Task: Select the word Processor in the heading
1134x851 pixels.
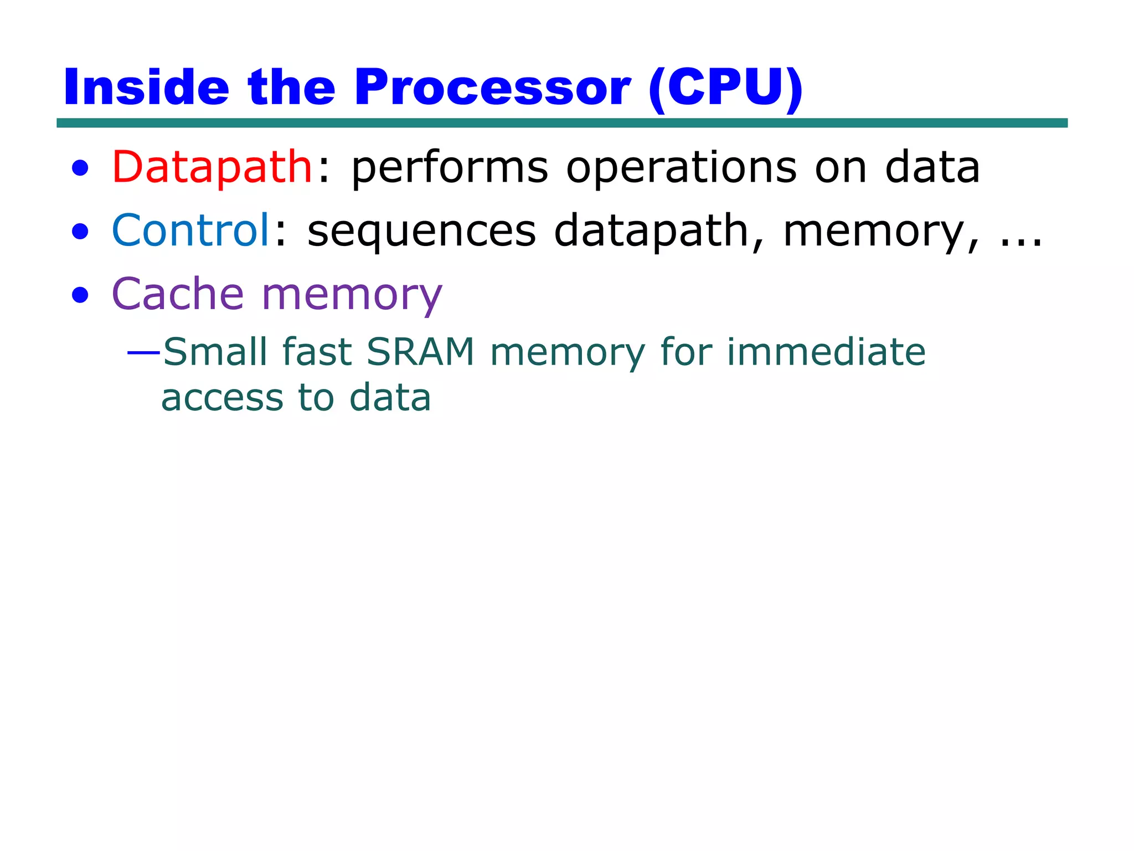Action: [x=492, y=88]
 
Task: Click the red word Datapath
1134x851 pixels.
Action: [x=213, y=167]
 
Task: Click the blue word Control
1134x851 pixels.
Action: [x=190, y=230]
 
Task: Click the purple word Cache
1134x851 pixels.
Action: [x=178, y=294]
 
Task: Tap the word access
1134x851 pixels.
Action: [x=222, y=398]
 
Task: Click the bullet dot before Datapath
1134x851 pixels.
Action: [x=80, y=168]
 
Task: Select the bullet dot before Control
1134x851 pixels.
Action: [x=80, y=232]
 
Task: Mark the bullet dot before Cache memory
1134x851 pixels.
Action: [x=80, y=295]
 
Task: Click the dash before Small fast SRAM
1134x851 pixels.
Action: [x=143, y=352]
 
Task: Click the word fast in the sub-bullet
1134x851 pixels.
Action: [x=317, y=352]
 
